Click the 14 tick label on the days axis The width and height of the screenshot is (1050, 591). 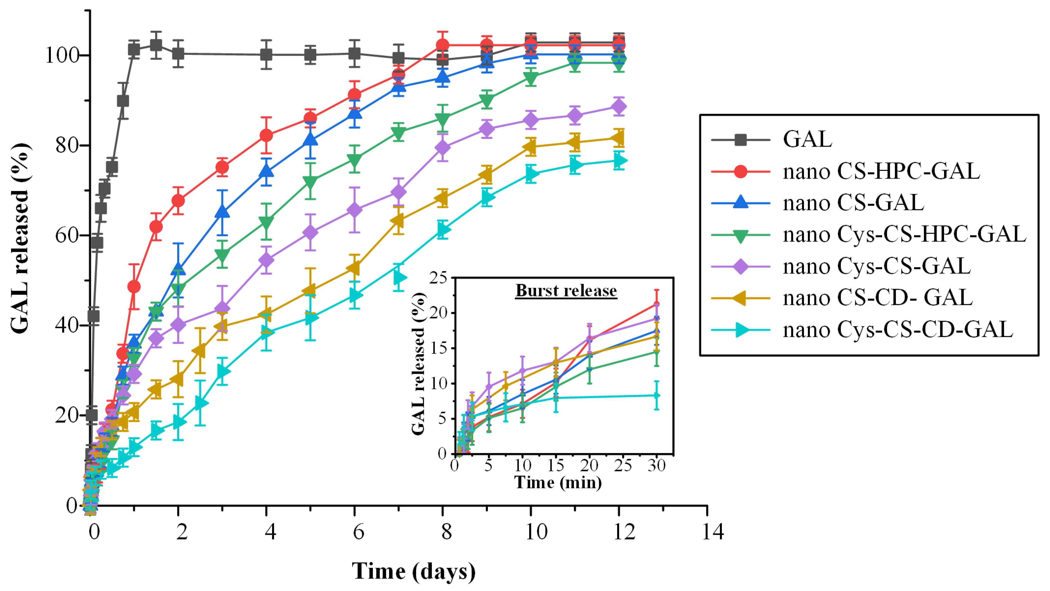pos(713,532)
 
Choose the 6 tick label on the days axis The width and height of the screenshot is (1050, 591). pos(358,532)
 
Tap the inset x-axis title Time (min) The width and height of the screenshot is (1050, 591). pos(558,483)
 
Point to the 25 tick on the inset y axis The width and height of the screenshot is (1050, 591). pos(438,278)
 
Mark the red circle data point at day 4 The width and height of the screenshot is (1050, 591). pos(266,135)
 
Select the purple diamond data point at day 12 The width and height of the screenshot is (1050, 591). pos(619,107)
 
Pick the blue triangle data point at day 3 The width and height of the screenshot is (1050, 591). pos(222,212)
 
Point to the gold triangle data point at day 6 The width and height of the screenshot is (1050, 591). pos(354,269)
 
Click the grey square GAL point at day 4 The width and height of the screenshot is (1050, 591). pos(266,55)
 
